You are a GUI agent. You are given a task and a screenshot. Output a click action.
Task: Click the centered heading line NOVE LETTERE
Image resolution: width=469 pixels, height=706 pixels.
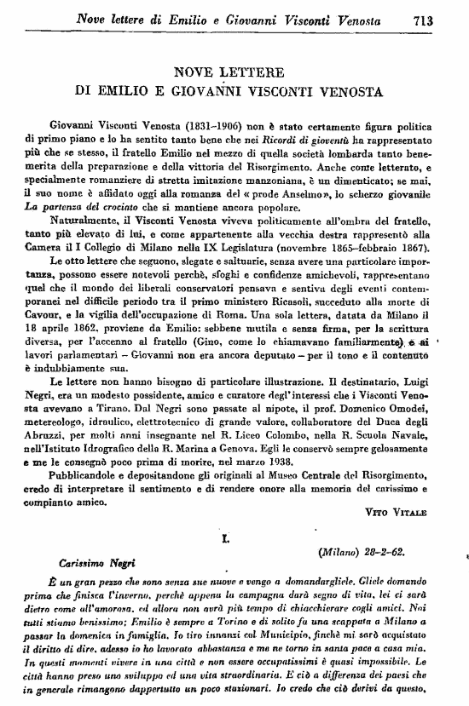234,72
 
